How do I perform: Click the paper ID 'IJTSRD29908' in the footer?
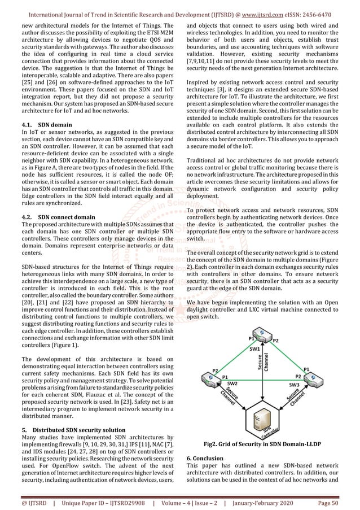(x=118, y=503)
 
